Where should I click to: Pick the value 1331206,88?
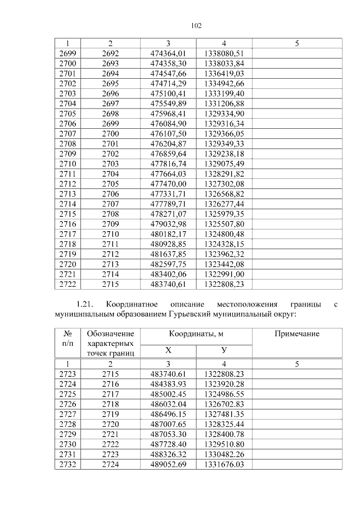point(224,103)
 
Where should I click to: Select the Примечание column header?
point(296,334)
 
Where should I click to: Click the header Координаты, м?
point(196,334)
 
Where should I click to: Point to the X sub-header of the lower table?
point(168,350)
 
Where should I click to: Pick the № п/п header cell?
point(67,339)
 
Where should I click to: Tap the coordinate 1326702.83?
point(224,403)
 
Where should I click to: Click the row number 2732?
point(67,464)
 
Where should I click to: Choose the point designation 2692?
point(111,53)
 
